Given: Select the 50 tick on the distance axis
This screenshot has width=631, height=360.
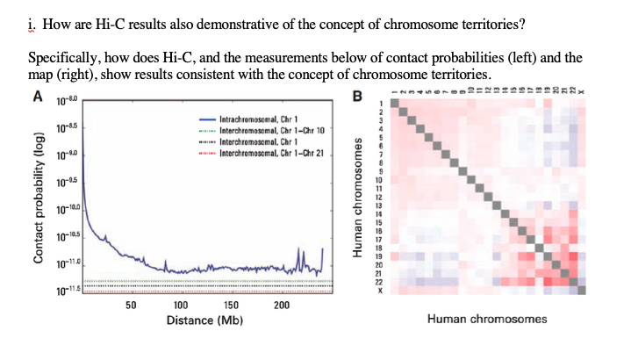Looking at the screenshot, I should point(129,304).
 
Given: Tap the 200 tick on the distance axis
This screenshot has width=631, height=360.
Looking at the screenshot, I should point(282,304).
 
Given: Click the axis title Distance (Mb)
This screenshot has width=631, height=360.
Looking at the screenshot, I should point(204,320).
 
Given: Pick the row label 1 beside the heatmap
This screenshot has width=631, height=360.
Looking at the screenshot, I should point(381,104).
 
